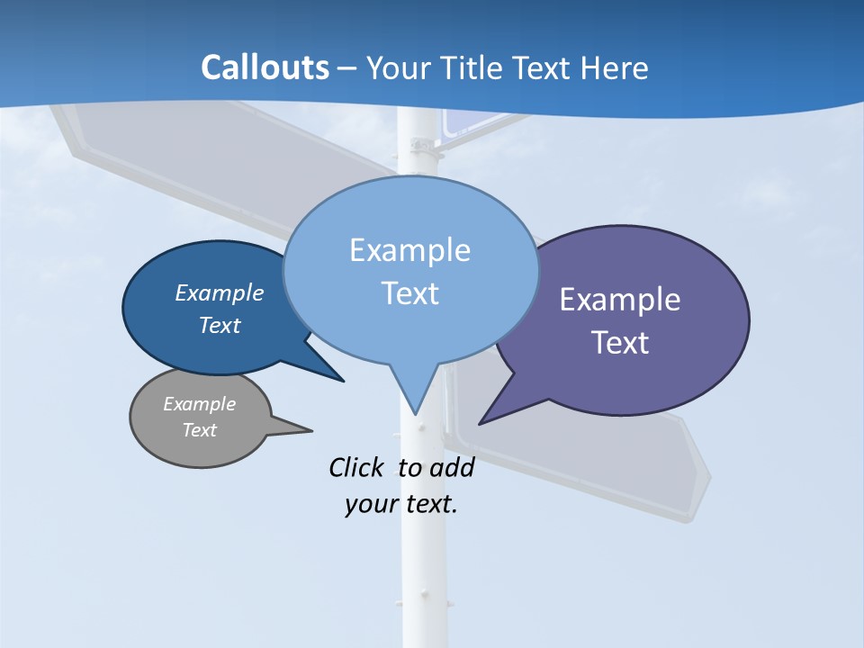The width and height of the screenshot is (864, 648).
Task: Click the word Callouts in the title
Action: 265,68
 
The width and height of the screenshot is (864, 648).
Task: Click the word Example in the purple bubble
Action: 620,300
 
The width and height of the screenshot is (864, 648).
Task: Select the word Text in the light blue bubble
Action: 410,293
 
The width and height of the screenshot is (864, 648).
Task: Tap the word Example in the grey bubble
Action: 199,404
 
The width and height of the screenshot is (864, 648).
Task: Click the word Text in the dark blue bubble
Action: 220,325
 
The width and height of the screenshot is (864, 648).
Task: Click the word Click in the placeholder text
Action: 357,467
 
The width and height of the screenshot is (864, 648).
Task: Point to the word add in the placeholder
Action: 451,467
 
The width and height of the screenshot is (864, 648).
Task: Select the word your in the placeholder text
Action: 371,504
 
